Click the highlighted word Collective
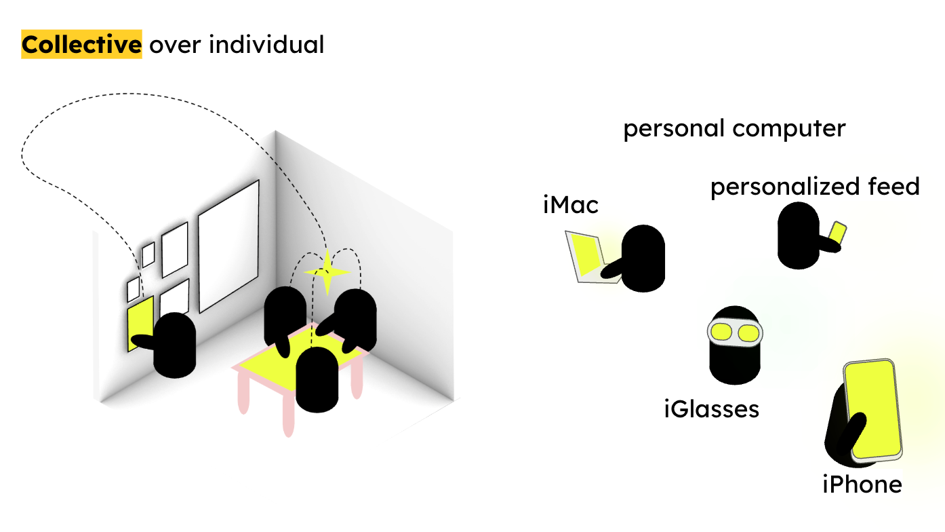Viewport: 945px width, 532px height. click(x=81, y=45)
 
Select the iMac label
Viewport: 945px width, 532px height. click(x=571, y=204)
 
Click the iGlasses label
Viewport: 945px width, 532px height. click(x=711, y=409)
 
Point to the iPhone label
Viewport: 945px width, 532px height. click(x=862, y=484)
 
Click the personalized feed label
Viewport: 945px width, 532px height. click(x=815, y=186)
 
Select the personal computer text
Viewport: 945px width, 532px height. click(x=734, y=128)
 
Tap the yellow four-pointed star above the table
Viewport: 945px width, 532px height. click(x=327, y=272)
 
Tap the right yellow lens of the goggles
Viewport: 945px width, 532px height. click(x=748, y=333)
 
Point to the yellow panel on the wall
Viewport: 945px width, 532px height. click(x=139, y=322)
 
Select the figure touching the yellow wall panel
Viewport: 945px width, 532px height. click(x=174, y=346)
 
